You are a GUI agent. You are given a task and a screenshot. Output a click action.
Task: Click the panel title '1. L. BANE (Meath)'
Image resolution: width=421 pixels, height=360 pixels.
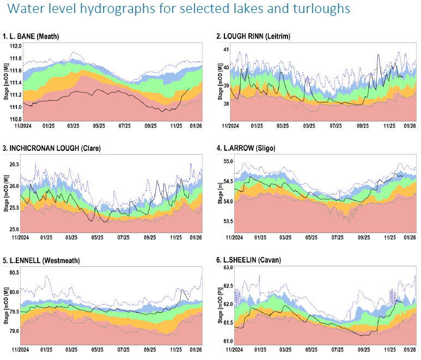point(31,36)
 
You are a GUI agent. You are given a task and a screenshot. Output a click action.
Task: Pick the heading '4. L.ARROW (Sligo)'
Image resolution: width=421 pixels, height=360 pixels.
point(243,148)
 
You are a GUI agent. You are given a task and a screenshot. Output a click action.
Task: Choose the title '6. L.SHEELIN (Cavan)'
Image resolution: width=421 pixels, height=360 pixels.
point(248,260)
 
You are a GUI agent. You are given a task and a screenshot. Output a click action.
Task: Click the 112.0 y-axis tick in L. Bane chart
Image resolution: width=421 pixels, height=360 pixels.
point(14,47)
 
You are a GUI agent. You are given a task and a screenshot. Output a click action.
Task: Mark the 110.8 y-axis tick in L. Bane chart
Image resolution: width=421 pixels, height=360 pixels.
point(14,119)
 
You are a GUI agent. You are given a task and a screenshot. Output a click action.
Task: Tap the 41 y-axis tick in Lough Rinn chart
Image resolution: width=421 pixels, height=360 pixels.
point(226,50)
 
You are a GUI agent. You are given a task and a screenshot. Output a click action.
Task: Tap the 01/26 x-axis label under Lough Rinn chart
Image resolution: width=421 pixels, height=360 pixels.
point(410,126)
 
